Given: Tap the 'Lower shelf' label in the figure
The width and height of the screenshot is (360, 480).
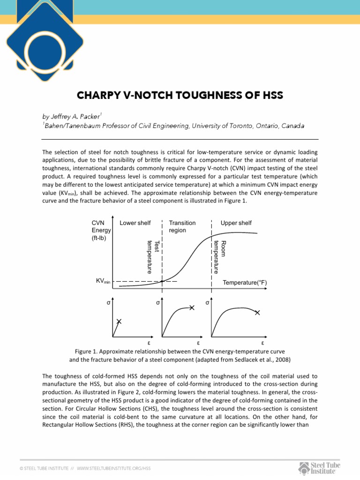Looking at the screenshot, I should click(135, 223).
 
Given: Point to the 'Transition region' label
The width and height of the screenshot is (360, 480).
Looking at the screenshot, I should click(182, 226).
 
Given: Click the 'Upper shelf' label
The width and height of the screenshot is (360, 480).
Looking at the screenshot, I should click(236, 223).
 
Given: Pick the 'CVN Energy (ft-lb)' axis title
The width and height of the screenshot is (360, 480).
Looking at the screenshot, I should click(101, 230).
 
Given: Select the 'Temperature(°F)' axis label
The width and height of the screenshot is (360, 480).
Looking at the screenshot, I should click(245, 283).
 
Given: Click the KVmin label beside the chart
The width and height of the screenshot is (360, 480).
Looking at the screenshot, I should click(103, 281).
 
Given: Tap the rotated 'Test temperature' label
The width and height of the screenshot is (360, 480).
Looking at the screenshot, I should click(153, 256).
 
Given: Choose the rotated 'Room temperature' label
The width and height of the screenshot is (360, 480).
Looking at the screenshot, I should click(220, 256).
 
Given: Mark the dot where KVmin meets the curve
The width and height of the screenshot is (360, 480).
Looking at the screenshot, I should click(162, 281).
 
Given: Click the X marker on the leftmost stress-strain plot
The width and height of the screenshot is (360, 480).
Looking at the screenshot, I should click(119, 322).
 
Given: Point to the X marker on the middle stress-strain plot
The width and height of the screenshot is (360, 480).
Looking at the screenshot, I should click(192, 307).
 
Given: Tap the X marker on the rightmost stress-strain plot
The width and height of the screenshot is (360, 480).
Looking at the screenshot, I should click(257, 312).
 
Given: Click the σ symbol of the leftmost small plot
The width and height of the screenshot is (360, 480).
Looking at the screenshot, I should click(108, 303).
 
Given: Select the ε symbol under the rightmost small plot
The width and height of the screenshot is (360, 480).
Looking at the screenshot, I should click(262, 343).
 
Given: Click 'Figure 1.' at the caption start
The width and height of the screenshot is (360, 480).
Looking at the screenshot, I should click(87, 351).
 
